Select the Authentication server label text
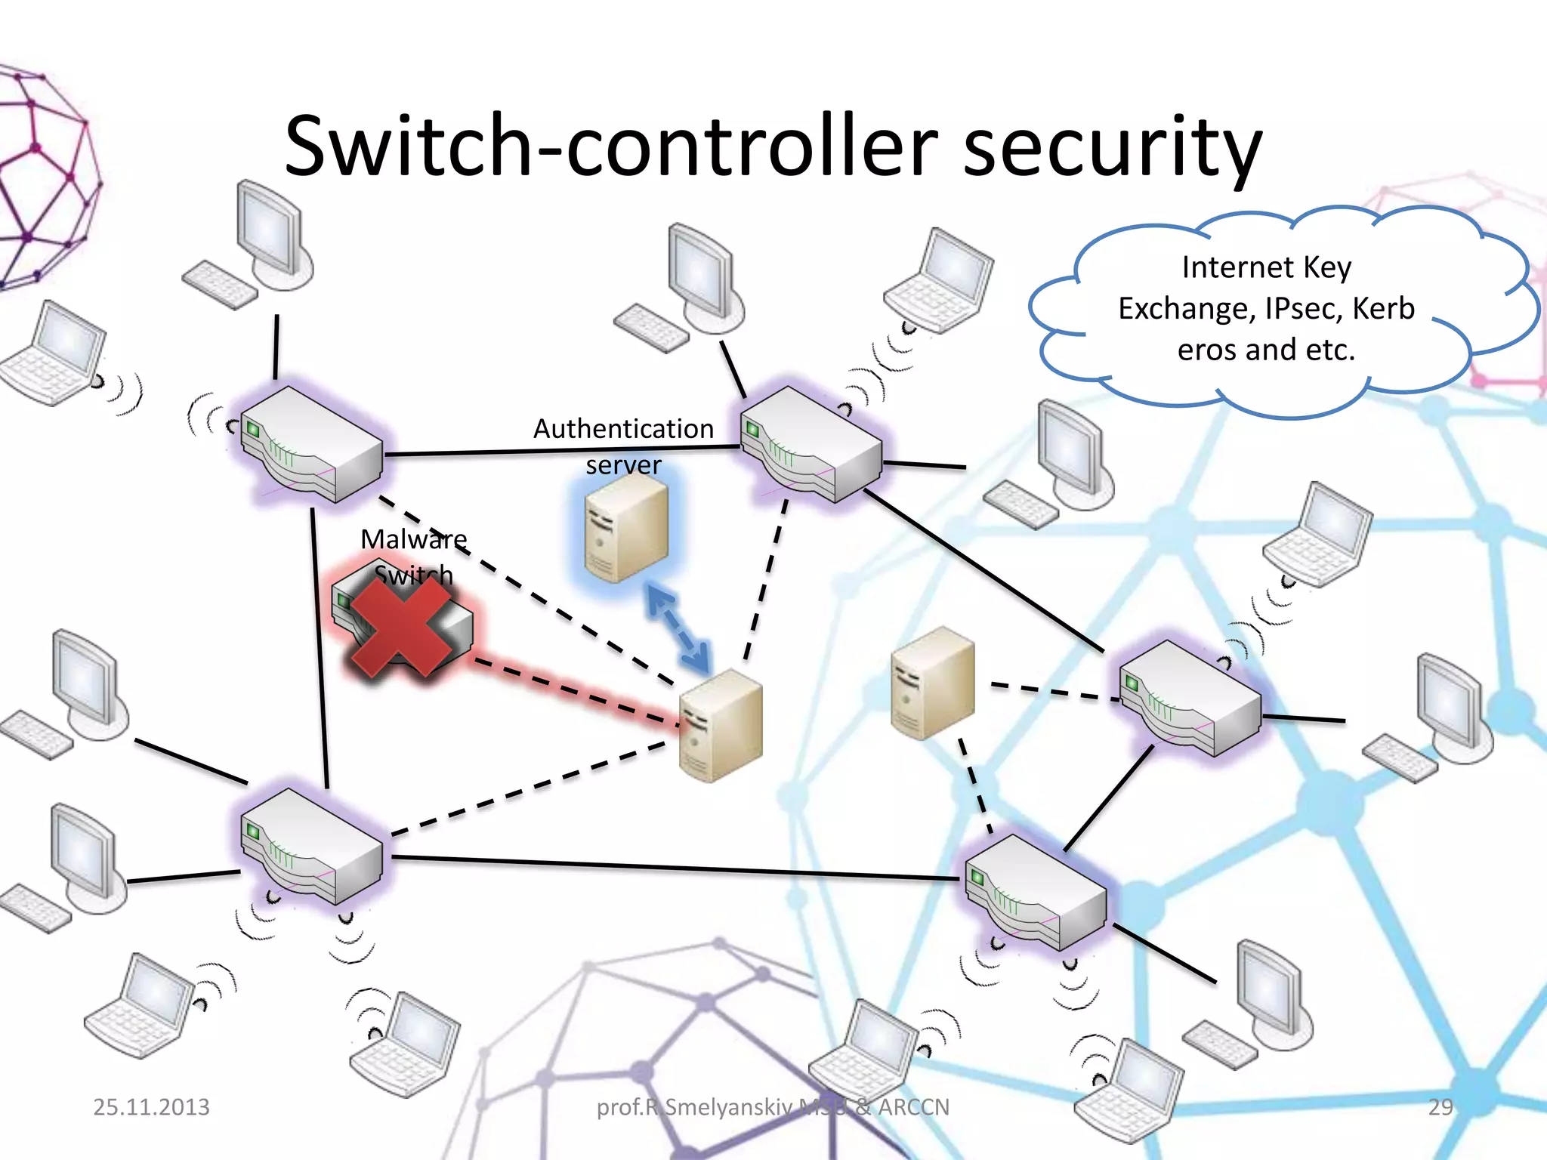(x=623, y=446)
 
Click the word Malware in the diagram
(x=413, y=539)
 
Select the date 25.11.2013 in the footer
(x=151, y=1107)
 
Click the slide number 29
(x=1440, y=1107)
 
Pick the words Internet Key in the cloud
(x=1266, y=267)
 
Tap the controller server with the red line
(x=720, y=725)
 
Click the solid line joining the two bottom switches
(x=672, y=868)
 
